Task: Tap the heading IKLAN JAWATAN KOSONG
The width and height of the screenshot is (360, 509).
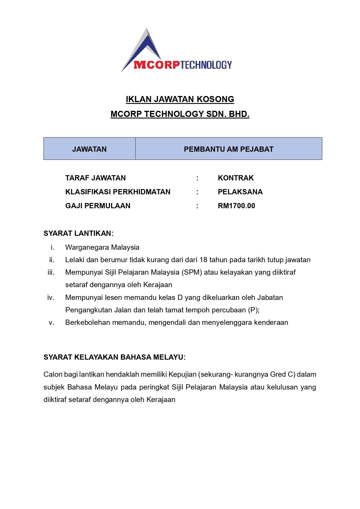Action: point(180,99)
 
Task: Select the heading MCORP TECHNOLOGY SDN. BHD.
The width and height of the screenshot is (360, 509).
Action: point(180,114)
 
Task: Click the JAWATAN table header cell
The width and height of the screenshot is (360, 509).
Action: point(89,149)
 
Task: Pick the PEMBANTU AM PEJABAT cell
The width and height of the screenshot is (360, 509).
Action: point(229,149)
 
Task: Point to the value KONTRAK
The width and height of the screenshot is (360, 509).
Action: point(236,178)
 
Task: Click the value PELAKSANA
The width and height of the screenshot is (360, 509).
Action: point(240,192)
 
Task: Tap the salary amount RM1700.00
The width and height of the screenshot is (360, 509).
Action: point(236,206)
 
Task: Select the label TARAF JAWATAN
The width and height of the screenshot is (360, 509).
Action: point(95,178)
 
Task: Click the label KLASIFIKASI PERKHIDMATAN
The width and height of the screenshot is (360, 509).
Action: point(118,192)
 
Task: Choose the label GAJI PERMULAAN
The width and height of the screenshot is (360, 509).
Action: point(98,206)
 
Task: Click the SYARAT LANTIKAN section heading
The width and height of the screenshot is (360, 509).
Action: point(78,233)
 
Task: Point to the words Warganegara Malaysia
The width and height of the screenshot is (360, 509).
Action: point(102,247)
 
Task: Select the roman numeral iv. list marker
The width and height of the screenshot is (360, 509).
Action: point(51,298)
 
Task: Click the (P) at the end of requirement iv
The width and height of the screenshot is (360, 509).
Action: point(253,310)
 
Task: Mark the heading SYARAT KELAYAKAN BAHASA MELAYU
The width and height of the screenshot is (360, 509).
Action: point(114,357)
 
